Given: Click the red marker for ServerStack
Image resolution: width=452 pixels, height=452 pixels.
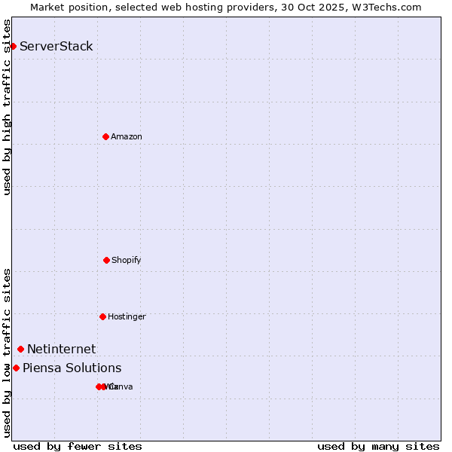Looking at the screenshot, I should coord(13,47).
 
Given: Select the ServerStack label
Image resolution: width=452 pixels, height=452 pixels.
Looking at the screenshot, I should coord(56,47).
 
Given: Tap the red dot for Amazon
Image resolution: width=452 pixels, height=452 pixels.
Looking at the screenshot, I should coord(105,136).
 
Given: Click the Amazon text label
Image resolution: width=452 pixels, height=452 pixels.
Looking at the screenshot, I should coord(127,137).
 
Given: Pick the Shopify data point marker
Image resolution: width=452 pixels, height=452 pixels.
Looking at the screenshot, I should coord(106,260).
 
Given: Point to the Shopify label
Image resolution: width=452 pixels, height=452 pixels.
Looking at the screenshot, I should coord(127,261).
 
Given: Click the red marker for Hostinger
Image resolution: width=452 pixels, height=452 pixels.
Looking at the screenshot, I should coord(102,316).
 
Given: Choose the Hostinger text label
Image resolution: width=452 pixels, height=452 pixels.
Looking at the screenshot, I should coord(127,317).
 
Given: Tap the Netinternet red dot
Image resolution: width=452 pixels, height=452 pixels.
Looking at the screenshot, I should coord(20,349).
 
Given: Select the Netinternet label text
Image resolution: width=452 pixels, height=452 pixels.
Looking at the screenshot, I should coord(62,349).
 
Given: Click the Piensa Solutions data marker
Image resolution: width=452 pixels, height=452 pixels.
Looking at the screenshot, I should coord(16,368).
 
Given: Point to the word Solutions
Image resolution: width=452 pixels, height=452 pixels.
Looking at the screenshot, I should coord(92,368).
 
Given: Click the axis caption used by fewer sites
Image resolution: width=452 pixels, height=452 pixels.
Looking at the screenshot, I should coord(78,447).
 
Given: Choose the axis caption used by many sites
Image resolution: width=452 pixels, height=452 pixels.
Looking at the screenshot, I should coord(378,447).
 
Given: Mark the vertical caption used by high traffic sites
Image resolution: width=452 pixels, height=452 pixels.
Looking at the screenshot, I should coord(8,107).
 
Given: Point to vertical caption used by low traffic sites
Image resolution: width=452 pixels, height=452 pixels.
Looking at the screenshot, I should coord(8,353).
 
